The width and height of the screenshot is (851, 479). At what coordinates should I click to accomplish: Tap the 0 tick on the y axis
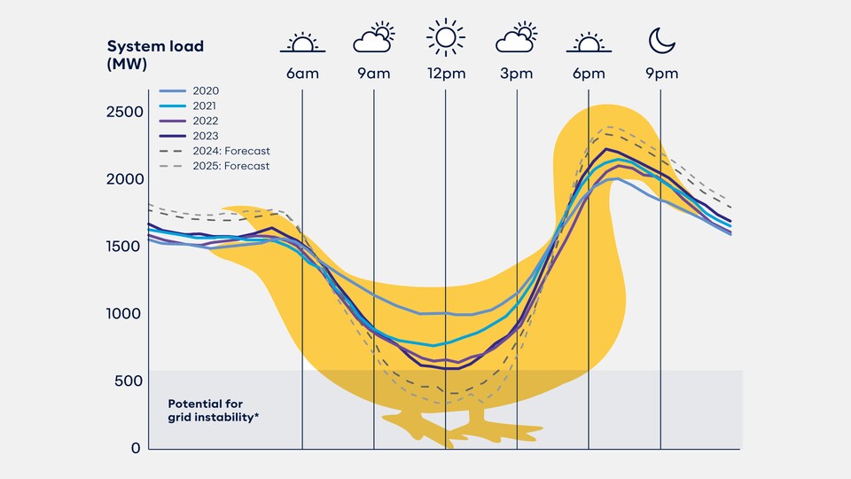pos(136,448)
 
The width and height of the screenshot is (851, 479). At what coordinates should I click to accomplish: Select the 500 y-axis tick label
pos(128,381)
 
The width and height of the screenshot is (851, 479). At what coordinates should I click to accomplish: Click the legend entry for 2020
pos(205,90)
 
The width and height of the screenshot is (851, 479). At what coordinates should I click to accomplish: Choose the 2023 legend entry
pos(205,136)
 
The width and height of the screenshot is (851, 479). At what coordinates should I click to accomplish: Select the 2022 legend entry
pos(205,121)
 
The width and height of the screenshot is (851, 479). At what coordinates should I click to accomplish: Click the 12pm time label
pos(445,74)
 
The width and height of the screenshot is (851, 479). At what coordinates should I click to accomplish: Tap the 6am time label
pos(302,74)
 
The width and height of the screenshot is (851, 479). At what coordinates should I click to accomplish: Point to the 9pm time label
pos(660,74)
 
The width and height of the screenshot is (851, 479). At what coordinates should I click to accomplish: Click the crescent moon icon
pos(660,39)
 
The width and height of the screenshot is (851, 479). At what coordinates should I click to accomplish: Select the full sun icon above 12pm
pos(445,38)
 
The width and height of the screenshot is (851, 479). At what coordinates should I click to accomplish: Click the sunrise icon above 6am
pos(302,42)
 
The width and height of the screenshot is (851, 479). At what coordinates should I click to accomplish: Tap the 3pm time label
pos(517,74)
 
